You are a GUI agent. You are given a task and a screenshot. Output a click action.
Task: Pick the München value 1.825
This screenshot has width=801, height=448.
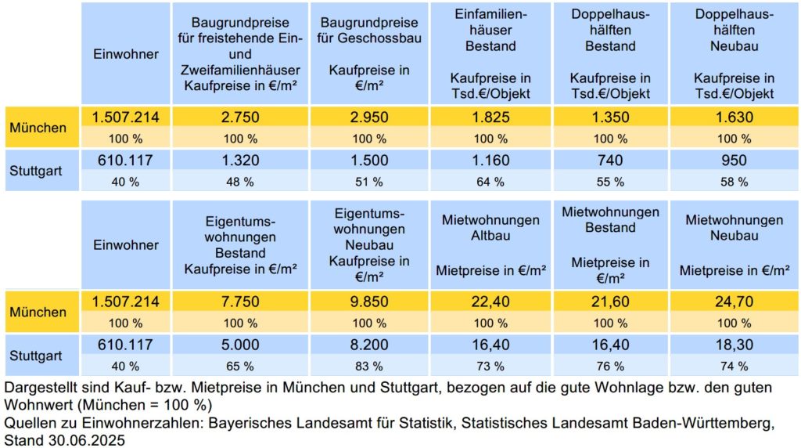490,118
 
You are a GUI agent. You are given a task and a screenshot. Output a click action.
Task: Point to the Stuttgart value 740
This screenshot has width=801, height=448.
610,161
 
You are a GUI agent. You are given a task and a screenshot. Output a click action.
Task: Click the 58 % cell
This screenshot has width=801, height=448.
734,182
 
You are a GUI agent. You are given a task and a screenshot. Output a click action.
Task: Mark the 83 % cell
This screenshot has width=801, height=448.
368,366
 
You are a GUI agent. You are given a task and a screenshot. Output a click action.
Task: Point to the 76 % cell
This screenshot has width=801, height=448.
610,366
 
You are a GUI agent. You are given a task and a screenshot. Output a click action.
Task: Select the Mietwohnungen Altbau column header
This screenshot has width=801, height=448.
490,245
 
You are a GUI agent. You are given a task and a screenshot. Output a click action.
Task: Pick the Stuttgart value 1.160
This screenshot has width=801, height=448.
490,161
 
